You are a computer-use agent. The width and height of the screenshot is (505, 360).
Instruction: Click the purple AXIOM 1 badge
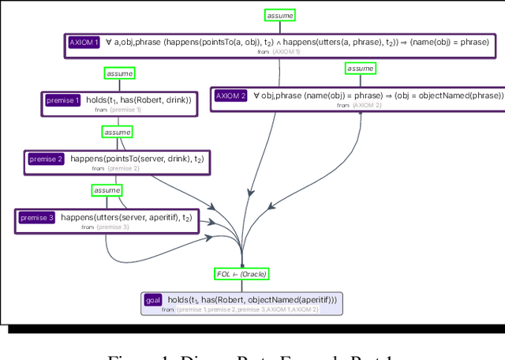[x=84, y=43]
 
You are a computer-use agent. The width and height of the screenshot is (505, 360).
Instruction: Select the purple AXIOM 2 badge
[x=231, y=96]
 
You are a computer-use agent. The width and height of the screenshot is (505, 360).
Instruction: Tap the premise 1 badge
[x=62, y=100]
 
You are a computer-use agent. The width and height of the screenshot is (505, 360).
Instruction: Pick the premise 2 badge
[x=46, y=159]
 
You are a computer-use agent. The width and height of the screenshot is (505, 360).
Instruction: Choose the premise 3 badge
[x=36, y=217]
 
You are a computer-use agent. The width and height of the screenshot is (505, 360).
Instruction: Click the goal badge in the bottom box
[x=153, y=300]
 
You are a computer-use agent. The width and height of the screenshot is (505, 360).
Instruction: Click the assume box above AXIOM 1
[x=279, y=15]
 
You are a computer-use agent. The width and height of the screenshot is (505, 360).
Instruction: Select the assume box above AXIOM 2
[x=361, y=69]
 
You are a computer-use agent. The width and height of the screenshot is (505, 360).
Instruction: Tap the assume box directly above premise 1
[x=119, y=73]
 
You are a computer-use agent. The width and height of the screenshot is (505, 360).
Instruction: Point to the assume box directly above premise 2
[x=118, y=132]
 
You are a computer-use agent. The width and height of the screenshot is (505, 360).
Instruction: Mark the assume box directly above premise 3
[x=107, y=190]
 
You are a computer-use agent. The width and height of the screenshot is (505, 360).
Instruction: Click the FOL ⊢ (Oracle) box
[x=241, y=274]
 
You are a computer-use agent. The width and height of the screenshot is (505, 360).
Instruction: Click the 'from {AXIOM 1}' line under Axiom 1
[x=279, y=51]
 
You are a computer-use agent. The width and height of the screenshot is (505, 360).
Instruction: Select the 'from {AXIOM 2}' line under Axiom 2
[x=359, y=105]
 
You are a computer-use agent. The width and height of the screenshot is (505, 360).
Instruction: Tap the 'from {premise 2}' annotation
[x=115, y=168]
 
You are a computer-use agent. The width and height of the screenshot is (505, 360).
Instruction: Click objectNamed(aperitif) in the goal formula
[x=291, y=300]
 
